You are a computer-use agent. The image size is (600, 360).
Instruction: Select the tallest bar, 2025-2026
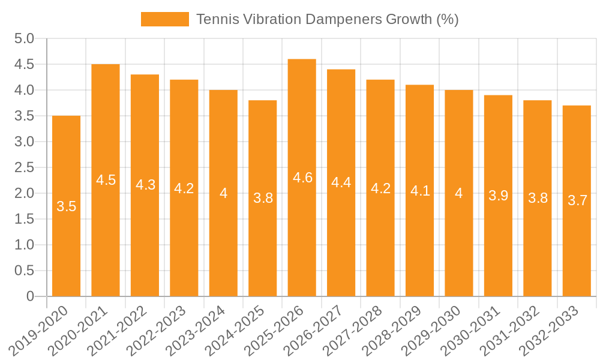[x=302, y=240]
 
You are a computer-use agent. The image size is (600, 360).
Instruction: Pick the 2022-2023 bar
[x=184, y=240]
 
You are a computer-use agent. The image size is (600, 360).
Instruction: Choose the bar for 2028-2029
[x=419, y=240]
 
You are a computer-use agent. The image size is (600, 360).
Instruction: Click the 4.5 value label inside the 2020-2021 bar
[x=106, y=180]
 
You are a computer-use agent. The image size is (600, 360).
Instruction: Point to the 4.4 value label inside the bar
[x=341, y=182]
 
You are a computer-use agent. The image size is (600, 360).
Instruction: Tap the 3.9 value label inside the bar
[x=499, y=195]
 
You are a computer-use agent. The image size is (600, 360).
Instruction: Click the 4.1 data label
[x=420, y=191]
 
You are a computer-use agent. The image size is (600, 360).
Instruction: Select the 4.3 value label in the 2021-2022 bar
[x=145, y=185]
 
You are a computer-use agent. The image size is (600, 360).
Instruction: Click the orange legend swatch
[x=164, y=19]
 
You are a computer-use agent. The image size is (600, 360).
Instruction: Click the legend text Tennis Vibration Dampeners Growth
[x=327, y=19]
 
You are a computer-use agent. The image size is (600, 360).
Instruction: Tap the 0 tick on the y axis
[x=30, y=296]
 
